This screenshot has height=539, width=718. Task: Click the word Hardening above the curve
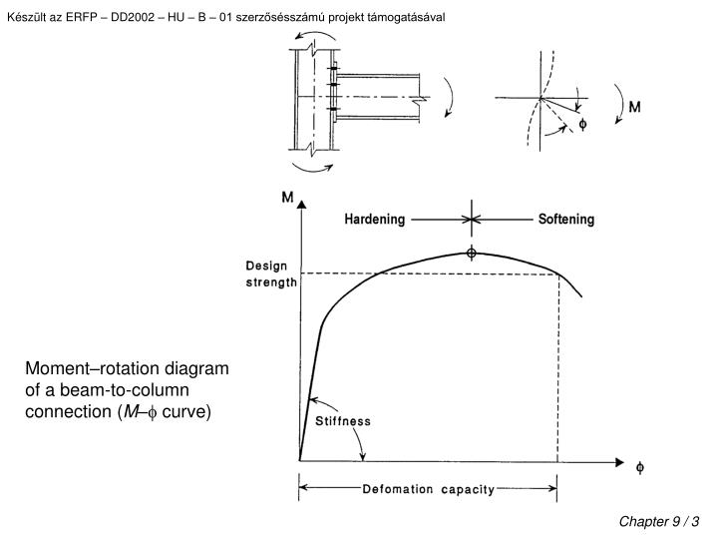point(376,220)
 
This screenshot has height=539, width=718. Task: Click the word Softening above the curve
point(566,220)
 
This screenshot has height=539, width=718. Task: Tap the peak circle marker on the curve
point(471,253)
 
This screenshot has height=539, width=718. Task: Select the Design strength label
point(271,273)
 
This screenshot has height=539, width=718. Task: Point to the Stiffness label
point(343,421)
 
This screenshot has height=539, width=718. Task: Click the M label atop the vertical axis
point(287,198)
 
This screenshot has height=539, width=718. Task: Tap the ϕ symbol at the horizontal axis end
point(640,465)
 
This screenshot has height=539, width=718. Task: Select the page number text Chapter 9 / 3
point(660,521)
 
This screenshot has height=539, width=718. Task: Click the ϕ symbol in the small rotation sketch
point(584,125)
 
